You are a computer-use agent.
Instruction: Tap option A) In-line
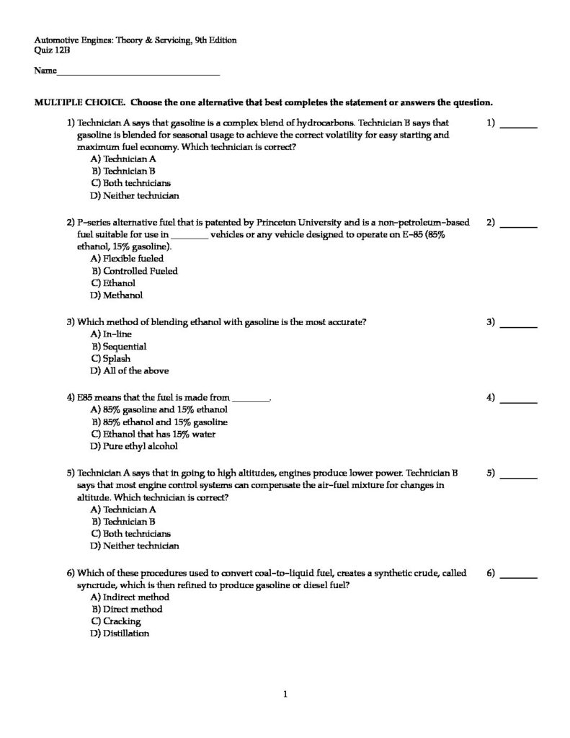[x=111, y=334]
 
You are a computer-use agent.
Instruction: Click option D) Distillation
[x=119, y=633]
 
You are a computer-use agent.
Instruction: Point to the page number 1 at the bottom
[x=285, y=695]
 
